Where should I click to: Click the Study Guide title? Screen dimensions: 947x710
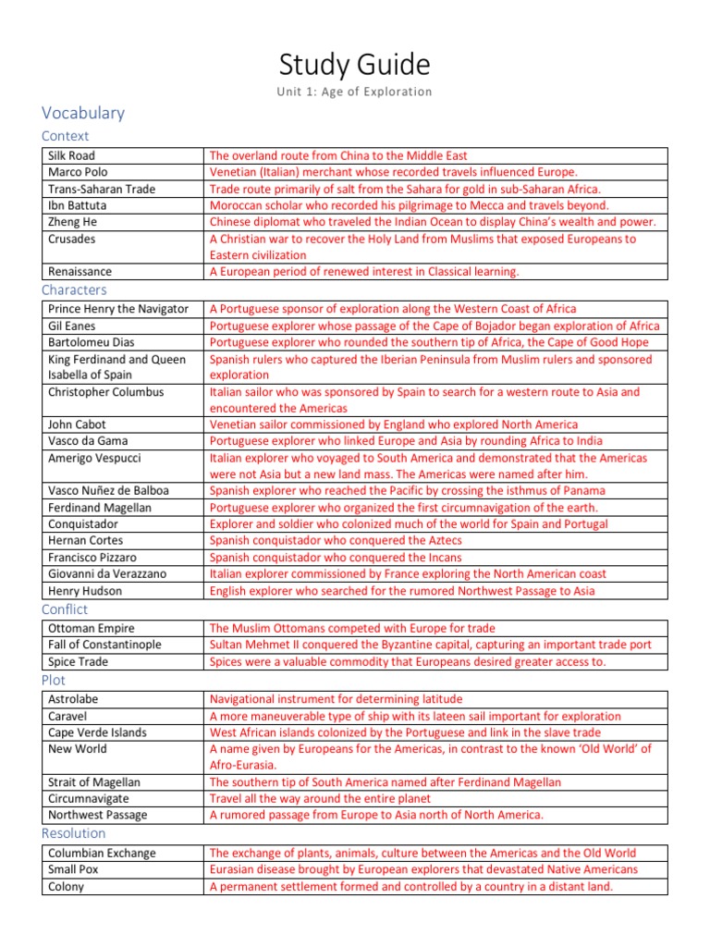pyautogui.click(x=355, y=65)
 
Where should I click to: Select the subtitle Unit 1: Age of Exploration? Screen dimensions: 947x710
pyautogui.click(x=355, y=92)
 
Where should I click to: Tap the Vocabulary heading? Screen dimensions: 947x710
pyautogui.click(x=83, y=113)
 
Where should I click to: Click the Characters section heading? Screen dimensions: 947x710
pyautogui.click(x=74, y=289)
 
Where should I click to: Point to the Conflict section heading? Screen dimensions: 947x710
pyautogui.click(x=65, y=609)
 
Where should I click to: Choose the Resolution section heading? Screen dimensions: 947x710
pyautogui.click(x=73, y=833)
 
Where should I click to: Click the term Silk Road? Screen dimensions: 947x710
pyautogui.click(x=71, y=155)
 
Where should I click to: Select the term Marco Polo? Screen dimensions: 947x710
pyautogui.click(x=78, y=172)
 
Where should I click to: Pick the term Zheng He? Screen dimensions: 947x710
pyautogui.click(x=72, y=222)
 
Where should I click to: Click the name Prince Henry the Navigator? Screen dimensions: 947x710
pyautogui.click(x=117, y=309)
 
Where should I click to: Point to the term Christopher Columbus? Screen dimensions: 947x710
pyautogui.click(x=105, y=392)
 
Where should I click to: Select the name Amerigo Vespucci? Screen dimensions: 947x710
pyautogui.click(x=95, y=458)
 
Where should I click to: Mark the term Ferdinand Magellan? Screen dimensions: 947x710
pyautogui.click(x=99, y=508)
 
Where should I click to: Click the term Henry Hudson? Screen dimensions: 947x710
pyautogui.click(x=86, y=591)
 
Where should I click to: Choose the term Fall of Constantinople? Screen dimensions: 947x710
pyautogui.click(x=104, y=645)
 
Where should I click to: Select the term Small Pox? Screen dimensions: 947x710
pyautogui.click(x=73, y=869)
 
